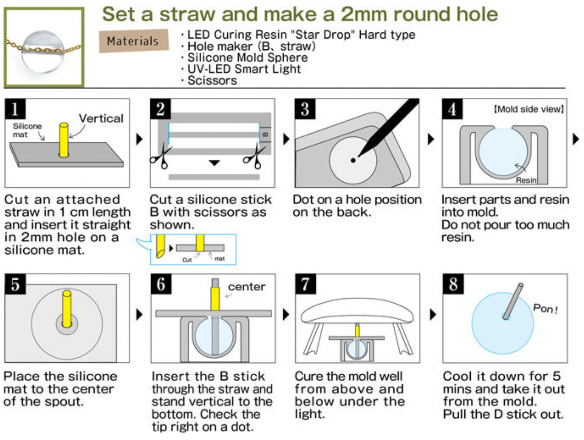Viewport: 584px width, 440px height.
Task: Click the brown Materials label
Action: point(134,41)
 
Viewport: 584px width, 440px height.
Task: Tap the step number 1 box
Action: point(15,109)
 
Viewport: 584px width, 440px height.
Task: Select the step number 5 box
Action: point(15,284)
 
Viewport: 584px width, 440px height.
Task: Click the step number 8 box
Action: point(453,284)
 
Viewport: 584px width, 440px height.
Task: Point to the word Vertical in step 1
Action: point(101,119)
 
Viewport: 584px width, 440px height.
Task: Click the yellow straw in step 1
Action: point(64,140)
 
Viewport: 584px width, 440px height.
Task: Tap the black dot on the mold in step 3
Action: point(353,160)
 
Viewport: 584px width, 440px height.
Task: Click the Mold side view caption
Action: point(529,109)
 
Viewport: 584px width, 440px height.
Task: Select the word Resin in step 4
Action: point(526,180)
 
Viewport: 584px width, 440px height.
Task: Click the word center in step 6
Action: point(247,287)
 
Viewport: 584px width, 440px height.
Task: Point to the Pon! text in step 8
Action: point(545,309)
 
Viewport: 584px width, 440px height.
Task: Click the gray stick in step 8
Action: point(513,301)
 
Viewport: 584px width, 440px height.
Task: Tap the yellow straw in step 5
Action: point(67,309)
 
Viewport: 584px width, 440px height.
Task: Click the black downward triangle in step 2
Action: point(214,163)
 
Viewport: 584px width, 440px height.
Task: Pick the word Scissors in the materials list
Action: point(212,80)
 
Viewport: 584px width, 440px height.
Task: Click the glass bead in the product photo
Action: point(43,52)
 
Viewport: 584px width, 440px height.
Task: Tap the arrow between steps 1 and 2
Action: point(139,139)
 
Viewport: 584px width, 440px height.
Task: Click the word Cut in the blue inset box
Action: point(187,260)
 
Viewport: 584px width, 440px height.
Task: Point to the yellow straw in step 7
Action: point(358,331)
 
